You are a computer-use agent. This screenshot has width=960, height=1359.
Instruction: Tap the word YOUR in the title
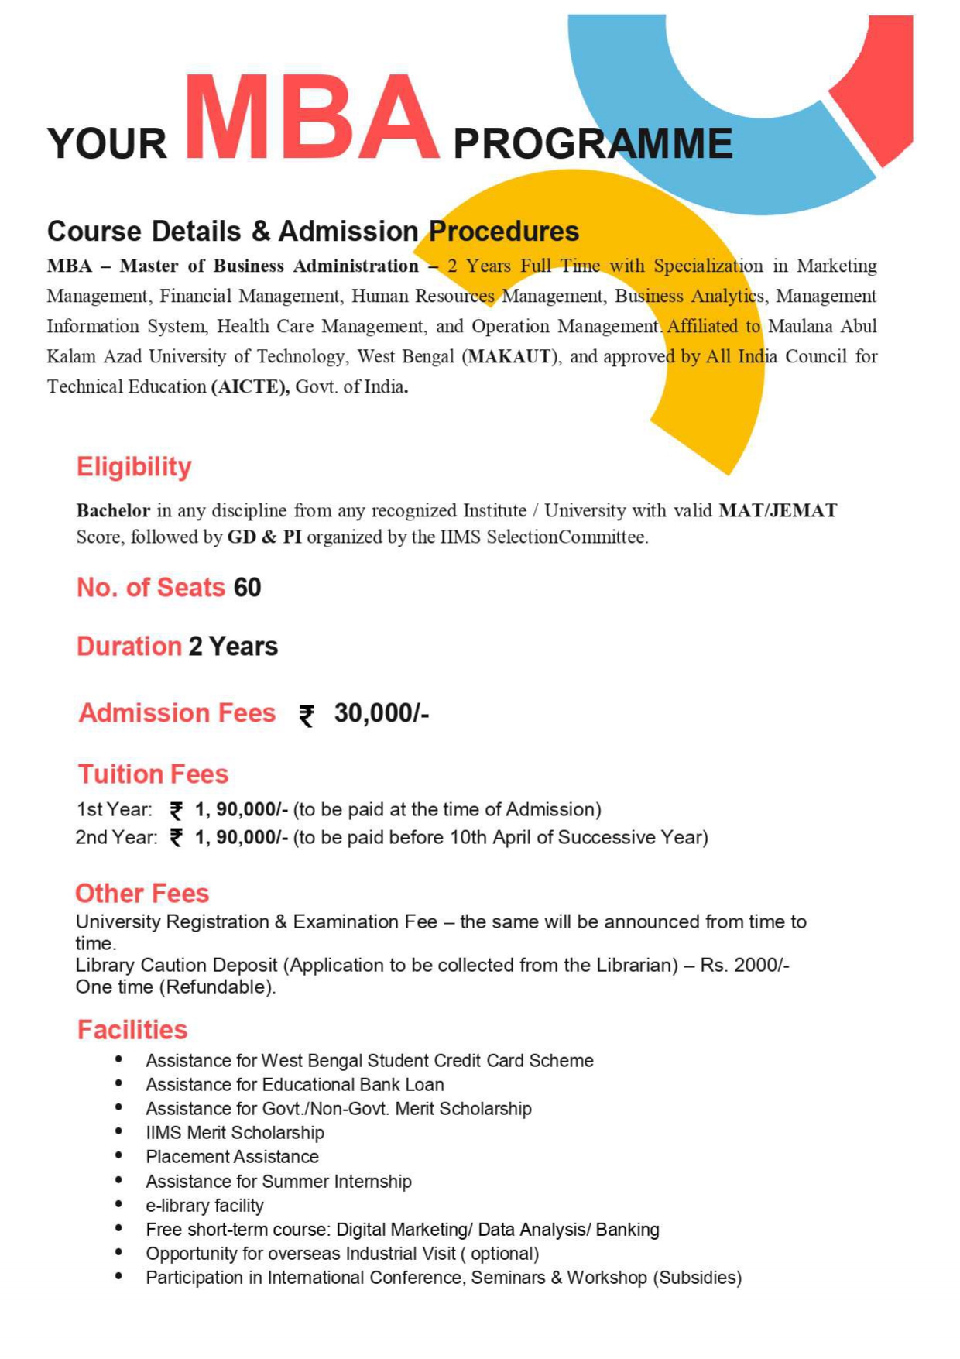coord(107,144)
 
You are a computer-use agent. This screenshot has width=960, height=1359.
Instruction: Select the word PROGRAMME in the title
coord(592,144)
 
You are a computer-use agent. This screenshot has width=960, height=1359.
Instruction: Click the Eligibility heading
coord(134,467)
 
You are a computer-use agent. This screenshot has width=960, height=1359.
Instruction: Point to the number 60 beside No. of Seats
coord(247,588)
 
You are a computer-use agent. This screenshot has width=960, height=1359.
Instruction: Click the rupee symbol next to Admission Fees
coord(307,716)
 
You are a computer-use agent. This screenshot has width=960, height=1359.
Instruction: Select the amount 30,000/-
coord(381,713)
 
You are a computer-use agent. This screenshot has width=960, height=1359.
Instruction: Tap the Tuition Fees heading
coord(153,774)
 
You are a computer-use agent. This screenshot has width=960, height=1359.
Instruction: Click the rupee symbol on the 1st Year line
coord(177,811)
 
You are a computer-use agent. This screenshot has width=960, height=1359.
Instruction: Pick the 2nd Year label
coord(116,838)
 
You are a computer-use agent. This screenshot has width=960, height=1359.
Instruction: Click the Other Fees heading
coord(142,894)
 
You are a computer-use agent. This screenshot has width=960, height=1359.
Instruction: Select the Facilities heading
coord(132,1030)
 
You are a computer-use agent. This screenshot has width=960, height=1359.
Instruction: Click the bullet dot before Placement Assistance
coord(118,1155)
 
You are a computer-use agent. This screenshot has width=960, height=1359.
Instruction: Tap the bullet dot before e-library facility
coord(118,1204)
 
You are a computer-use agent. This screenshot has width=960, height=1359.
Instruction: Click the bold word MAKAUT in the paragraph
coord(510,357)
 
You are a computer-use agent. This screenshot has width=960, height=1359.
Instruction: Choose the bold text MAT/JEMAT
coord(777,511)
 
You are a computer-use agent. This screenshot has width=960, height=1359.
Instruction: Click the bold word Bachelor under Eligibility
coord(113,511)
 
